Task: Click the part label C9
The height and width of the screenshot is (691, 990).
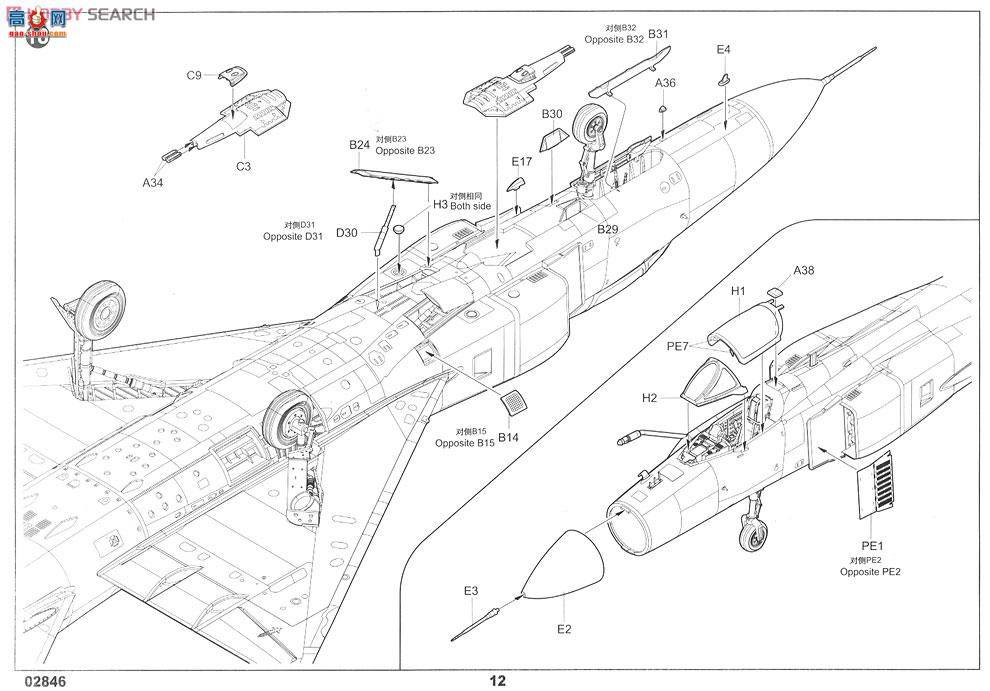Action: point(194,75)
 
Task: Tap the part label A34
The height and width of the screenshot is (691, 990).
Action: point(152,183)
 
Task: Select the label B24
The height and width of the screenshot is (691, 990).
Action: point(360,145)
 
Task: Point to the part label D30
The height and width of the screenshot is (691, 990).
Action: point(346,233)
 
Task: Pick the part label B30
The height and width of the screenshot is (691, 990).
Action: point(553,114)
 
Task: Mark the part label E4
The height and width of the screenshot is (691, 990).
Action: point(724,49)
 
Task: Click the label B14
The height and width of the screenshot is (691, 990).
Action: point(509,436)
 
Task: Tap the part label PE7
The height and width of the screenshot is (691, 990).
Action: point(678,346)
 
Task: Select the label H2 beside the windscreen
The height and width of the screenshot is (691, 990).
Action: point(650,397)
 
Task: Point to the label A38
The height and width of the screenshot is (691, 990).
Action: point(804,270)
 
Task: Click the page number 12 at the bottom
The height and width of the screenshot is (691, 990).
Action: point(497,681)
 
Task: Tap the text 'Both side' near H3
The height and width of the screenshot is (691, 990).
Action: point(470,205)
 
